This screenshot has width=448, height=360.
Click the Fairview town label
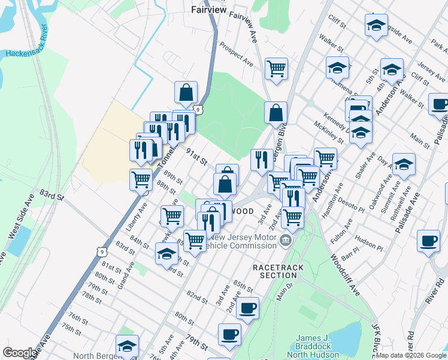click(207, 10)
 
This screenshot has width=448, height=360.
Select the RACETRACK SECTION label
click(274, 271)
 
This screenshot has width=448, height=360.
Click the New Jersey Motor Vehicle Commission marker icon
click(286, 241)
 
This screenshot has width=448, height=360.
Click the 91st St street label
click(196, 157)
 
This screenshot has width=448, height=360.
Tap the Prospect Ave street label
click(236, 53)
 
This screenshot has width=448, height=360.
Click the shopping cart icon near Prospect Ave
click(276, 68)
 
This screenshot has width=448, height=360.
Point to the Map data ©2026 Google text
click(411, 355)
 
